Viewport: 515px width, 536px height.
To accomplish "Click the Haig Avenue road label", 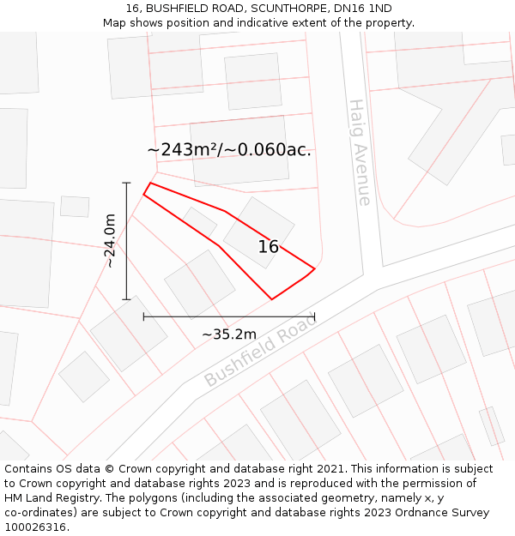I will [x=360, y=153].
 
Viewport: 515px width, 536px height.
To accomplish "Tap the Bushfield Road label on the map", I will [x=260, y=350].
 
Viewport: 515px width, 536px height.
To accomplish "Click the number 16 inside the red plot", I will [x=268, y=247].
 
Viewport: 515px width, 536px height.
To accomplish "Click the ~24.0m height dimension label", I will [x=110, y=241].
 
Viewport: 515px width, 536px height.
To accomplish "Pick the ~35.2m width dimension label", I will [x=229, y=334].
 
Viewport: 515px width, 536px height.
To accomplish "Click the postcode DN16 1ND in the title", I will [x=364, y=9].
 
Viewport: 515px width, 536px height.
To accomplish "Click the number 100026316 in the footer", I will [x=34, y=527].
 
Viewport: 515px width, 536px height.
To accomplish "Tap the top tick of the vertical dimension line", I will [x=127, y=183].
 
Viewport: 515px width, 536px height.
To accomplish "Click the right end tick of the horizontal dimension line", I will [x=315, y=316].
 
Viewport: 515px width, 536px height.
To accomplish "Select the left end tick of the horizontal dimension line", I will [x=143, y=316].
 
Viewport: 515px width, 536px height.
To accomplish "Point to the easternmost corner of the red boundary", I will [x=315, y=268].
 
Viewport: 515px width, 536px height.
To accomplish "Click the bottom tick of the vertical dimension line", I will [x=127, y=299].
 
